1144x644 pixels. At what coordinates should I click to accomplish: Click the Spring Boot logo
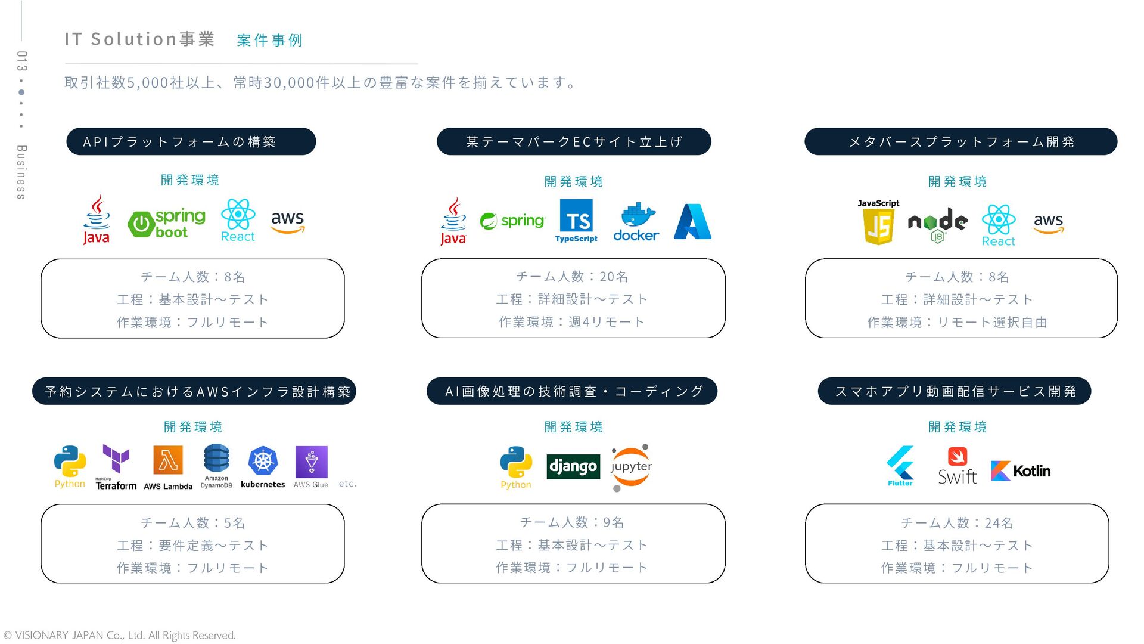click(x=166, y=223)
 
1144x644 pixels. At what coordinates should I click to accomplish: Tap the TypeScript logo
click(x=576, y=221)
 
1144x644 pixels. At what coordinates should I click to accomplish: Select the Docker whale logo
click(x=636, y=222)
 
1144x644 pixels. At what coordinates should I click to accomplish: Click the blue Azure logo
click(x=692, y=222)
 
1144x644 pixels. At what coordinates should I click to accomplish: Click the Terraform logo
click(x=116, y=467)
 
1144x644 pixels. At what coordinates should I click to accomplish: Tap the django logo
click(x=573, y=466)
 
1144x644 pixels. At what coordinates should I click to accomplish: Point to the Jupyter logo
click(x=631, y=467)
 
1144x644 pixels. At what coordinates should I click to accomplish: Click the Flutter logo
click(x=900, y=466)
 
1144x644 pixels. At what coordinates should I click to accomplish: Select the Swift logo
click(x=957, y=466)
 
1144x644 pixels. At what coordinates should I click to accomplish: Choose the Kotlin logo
click(x=1021, y=470)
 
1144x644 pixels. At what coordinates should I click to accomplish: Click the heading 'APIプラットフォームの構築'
click(x=191, y=142)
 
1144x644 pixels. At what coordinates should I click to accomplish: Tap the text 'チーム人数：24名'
click(x=957, y=523)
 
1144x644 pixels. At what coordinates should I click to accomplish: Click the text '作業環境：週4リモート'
click(x=572, y=322)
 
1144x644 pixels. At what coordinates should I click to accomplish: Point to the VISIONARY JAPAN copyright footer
click(x=120, y=636)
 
